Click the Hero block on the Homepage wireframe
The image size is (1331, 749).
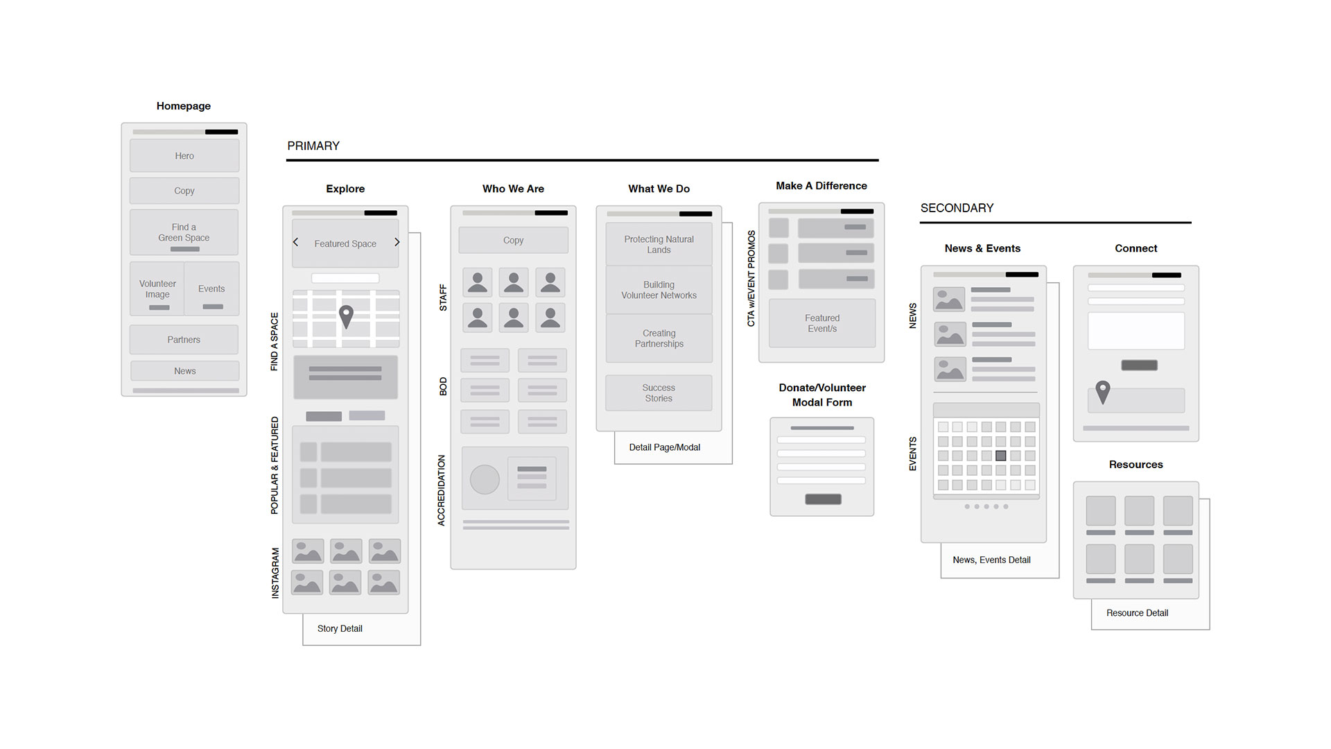[x=184, y=155]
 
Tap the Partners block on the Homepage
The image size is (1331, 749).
[x=184, y=340]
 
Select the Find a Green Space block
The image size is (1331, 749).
[x=184, y=232]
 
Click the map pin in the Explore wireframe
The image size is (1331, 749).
[x=346, y=316]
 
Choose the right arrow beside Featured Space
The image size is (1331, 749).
[x=397, y=242]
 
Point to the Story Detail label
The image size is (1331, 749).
[x=340, y=628]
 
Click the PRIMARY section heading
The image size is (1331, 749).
[x=313, y=146]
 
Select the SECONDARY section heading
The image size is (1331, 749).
[x=957, y=208]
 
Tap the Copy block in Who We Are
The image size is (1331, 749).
[x=514, y=240]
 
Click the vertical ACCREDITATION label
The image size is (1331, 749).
[x=442, y=490]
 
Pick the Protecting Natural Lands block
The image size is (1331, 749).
[x=659, y=244]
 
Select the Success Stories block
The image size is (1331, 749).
[x=659, y=393]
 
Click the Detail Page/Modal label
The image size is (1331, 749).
[x=665, y=447]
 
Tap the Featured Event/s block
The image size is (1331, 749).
[x=822, y=323]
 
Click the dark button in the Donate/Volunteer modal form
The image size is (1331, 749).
[x=823, y=499]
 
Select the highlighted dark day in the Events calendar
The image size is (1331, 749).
[x=1001, y=456]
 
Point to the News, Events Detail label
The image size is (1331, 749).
[x=991, y=560]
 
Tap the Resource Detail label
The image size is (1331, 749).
[x=1137, y=613]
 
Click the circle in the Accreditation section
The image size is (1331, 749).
[x=485, y=479]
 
